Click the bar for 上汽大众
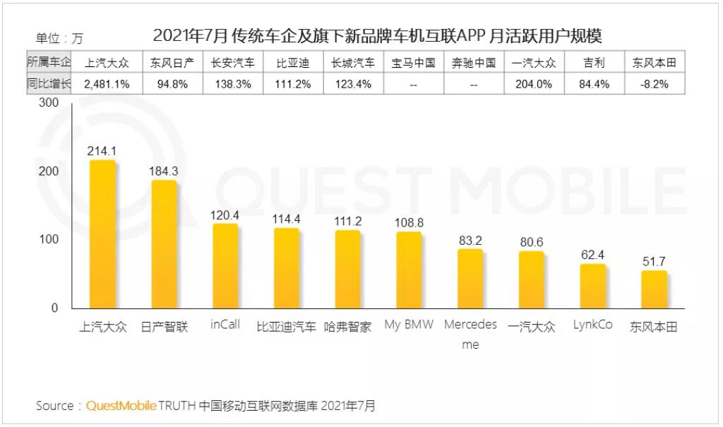pos(103,234)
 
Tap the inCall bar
pos(225,266)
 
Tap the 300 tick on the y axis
pos(49,103)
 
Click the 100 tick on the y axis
pos(49,240)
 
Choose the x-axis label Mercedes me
pos(470,334)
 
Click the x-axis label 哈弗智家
pos(347,327)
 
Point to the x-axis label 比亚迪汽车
pos(286,327)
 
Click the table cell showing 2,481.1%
pos(106,84)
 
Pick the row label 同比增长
pos(49,84)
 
